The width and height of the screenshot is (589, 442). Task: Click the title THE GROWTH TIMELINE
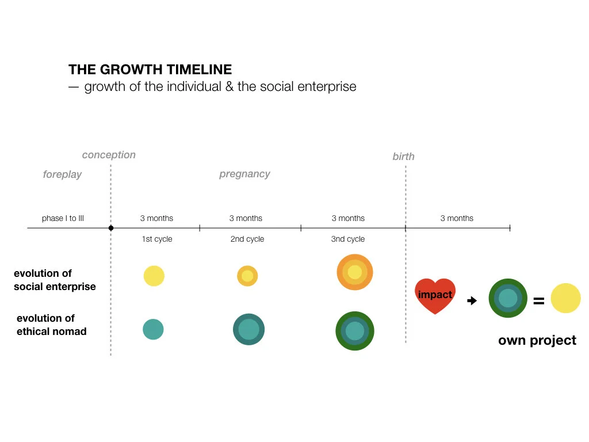(x=150, y=70)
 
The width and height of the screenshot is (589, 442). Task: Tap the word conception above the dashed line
(x=109, y=155)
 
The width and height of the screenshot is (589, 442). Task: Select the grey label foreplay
(x=62, y=174)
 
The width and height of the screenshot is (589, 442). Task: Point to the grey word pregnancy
(x=244, y=174)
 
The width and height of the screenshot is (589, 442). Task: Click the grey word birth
(x=403, y=157)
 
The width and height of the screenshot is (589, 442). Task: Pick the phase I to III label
(x=63, y=218)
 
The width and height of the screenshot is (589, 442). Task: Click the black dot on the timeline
(x=111, y=228)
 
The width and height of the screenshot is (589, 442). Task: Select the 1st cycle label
(x=157, y=239)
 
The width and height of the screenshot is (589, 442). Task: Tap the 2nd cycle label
(x=247, y=239)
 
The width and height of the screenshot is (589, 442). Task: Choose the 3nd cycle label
(x=348, y=239)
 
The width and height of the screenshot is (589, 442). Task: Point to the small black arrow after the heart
(x=472, y=300)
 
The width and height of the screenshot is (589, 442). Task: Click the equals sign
(x=539, y=300)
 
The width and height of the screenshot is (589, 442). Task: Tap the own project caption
(x=537, y=340)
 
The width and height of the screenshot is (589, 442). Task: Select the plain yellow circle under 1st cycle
(x=154, y=276)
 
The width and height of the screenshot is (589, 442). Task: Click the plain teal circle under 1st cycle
(x=153, y=329)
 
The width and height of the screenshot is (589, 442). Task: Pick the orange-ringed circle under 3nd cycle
(x=355, y=272)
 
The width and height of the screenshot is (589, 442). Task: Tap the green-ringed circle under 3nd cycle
(x=355, y=331)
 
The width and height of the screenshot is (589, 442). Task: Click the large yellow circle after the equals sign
(x=565, y=298)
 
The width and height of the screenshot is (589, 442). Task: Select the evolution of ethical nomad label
(x=51, y=325)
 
